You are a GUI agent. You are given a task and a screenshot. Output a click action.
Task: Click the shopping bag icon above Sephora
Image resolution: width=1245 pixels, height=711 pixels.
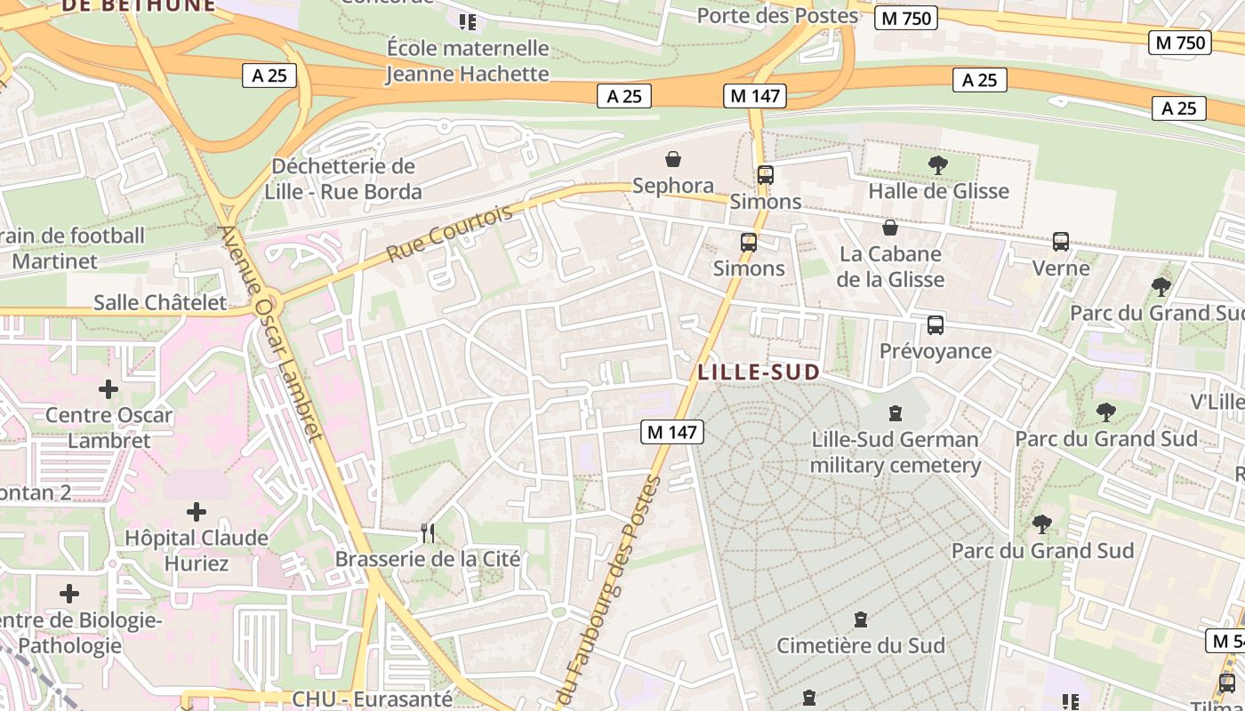pos(673,160)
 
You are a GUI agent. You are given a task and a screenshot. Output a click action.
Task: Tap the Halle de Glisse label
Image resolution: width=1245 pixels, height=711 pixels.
pos(938,191)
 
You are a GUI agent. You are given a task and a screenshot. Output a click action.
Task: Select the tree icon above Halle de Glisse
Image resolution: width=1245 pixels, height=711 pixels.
pos(937,164)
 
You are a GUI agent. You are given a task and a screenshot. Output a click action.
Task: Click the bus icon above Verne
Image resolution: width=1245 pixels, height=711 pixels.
pos(1060,241)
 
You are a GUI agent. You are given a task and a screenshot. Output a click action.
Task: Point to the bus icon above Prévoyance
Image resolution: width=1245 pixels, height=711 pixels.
pos(936,324)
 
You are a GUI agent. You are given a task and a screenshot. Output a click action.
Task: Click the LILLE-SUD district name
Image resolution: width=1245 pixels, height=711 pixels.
pos(759,372)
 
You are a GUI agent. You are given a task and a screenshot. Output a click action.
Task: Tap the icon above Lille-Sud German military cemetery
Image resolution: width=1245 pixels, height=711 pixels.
pos(896,413)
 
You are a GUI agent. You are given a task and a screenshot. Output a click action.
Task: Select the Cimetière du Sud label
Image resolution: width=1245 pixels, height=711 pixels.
pos(860,645)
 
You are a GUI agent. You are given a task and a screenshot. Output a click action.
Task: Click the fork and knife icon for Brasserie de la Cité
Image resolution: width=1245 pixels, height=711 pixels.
pos(428,533)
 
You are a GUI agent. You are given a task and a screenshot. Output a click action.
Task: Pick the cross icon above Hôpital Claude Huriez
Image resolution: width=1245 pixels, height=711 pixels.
pos(197,512)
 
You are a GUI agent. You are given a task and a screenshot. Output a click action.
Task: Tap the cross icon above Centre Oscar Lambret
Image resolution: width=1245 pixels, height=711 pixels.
pos(108,389)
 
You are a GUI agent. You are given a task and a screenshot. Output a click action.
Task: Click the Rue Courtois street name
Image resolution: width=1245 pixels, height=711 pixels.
pos(450,234)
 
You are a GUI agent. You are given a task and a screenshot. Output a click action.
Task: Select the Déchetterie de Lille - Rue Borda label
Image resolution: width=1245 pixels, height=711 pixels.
pos(343,179)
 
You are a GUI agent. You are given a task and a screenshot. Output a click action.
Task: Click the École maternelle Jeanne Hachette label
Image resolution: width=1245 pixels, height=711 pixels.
pos(468,60)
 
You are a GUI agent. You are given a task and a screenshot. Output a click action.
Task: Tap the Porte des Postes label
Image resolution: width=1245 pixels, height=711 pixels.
pos(777,16)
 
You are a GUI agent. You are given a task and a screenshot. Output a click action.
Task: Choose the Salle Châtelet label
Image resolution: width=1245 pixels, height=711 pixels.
pos(160,302)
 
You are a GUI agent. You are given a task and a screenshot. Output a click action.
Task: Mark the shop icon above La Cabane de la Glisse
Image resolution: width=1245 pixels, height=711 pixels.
pos(890,228)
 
